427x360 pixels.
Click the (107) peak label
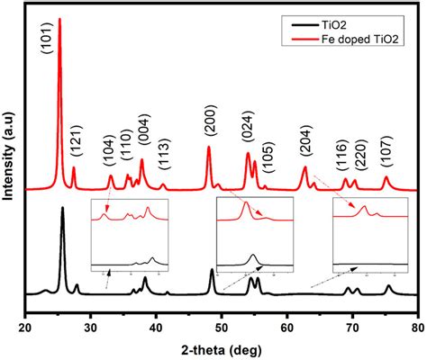(386, 156)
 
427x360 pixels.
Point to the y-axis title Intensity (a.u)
(9, 158)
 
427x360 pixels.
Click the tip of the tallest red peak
(59, 18)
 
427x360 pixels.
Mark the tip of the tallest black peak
(62, 208)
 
